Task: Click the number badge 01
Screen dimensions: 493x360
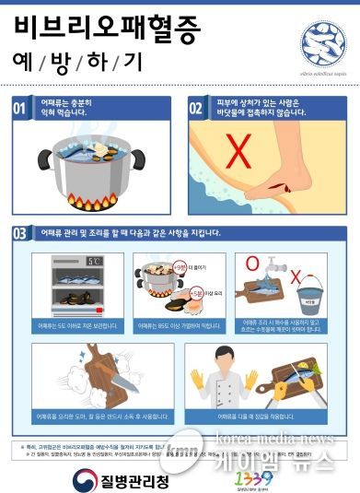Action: click(19, 109)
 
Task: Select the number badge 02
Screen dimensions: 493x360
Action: click(196, 109)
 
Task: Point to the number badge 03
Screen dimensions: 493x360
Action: click(19, 232)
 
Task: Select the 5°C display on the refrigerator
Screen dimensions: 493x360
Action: click(93, 262)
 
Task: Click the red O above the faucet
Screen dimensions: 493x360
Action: click(251, 263)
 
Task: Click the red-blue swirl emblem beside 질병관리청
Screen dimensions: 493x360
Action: click(84, 477)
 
